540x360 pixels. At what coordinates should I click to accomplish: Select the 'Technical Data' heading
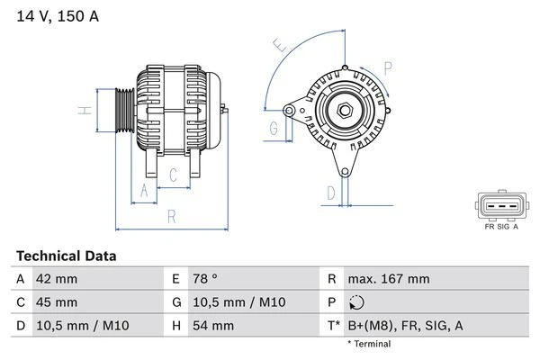pyautogui.click(x=67, y=256)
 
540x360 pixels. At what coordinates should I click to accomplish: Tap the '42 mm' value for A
pyautogui.click(x=56, y=279)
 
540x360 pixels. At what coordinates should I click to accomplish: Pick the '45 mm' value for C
pyautogui.click(x=56, y=301)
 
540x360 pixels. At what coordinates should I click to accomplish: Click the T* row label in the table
pyautogui.click(x=334, y=325)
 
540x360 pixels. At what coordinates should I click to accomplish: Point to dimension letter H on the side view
pyautogui.click(x=82, y=111)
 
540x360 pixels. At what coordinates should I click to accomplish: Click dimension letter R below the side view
pyautogui.click(x=171, y=216)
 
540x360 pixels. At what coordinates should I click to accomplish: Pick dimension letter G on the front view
pyautogui.click(x=273, y=128)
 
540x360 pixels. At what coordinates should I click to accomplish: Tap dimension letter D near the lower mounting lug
pyautogui.click(x=331, y=192)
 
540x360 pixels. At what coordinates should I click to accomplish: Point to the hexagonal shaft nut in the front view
pyautogui.click(x=345, y=111)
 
